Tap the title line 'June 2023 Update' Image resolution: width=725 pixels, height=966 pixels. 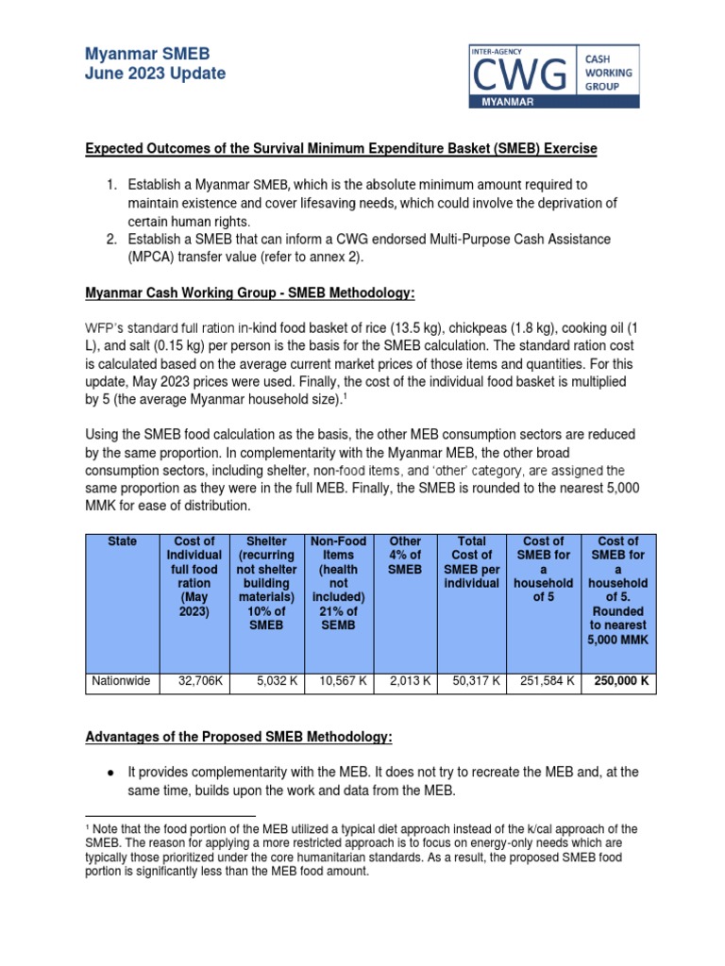click(155, 74)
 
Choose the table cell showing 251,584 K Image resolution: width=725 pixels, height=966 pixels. click(544, 680)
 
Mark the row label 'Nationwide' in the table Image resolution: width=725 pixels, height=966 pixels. click(122, 680)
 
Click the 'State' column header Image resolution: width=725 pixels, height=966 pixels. click(122, 541)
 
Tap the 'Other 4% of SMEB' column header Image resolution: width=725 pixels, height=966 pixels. click(405, 555)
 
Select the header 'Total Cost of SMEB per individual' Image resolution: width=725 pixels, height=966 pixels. click(471, 562)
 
